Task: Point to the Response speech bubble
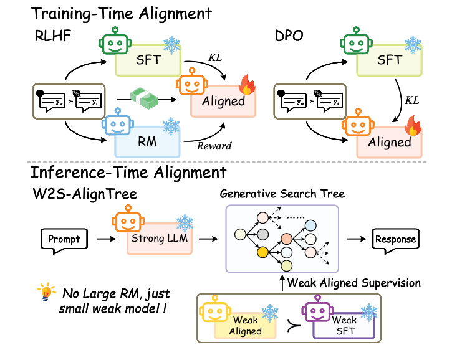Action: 395,239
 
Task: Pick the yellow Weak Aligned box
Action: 245,325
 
